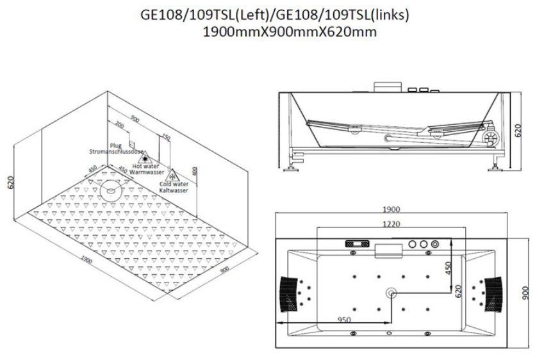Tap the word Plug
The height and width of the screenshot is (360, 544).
click(x=115, y=146)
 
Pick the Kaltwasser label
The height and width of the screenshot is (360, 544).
click(x=174, y=190)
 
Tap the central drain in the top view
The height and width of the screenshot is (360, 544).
click(x=390, y=292)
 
